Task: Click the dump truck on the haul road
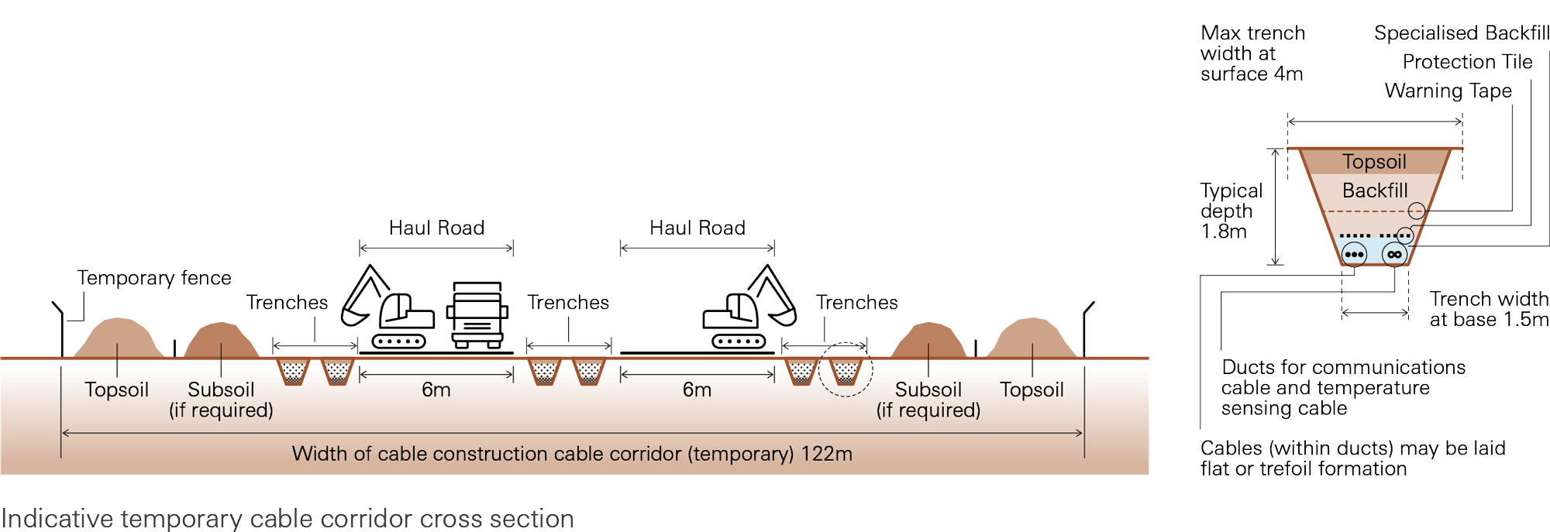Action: click(x=477, y=315)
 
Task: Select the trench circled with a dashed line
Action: click(x=846, y=371)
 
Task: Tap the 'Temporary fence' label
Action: click(x=153, y=278)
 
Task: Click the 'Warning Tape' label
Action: click(x=1448, y=91)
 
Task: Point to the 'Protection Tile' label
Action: click(x=1467, y=62)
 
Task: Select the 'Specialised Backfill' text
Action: click(x=1461, y=33)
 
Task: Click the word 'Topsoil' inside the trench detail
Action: click(x=1374, y=162)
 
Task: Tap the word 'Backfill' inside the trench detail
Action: click(x=1374, y=190)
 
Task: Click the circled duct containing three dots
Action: click(x=1354, y=254)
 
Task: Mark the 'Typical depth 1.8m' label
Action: click(x=1230, y=211)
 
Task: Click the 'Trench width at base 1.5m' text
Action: click(x=1488, y=309)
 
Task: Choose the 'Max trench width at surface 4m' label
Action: click(x=1252, y=53)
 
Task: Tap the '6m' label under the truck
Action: click(x=436, y=390)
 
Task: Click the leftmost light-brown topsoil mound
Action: click(x=118, y=339)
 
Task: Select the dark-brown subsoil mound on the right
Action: click(x=928, y=342)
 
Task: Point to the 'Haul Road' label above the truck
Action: click(x=436, y=228)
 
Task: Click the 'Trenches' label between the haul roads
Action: click(x=568, y=303)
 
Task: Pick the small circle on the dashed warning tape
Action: click(x=1416, y=210)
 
